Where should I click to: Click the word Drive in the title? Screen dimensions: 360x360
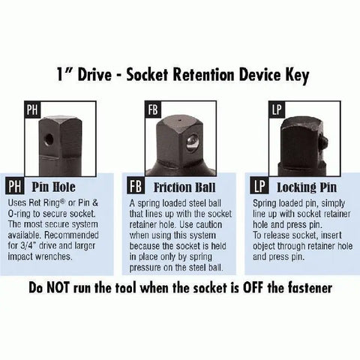pos(94,74)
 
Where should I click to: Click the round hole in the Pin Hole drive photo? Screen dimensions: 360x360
pos(48,139)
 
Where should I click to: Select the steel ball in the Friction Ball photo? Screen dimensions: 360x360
pos(192,143)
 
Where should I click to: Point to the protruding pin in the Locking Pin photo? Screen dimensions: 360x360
pos(324,142)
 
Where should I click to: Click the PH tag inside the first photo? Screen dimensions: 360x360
pos(32,109)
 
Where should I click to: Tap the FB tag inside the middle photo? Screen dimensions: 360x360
pos(153,109)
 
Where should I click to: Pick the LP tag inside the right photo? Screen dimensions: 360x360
pos(277,109)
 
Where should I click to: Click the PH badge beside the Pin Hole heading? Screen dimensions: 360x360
pos(15,186)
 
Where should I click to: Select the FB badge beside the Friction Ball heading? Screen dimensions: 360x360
pos(136,186)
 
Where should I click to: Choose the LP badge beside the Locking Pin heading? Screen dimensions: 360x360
pos(259,186)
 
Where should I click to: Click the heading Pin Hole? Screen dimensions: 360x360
pos(53,187)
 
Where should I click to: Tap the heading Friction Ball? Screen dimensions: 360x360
pos(184,187)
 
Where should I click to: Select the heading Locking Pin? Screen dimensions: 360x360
pos(307,187)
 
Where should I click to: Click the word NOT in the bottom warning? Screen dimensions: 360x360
pos(58,288)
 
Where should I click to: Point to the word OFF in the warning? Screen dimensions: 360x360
pos(253,288)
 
